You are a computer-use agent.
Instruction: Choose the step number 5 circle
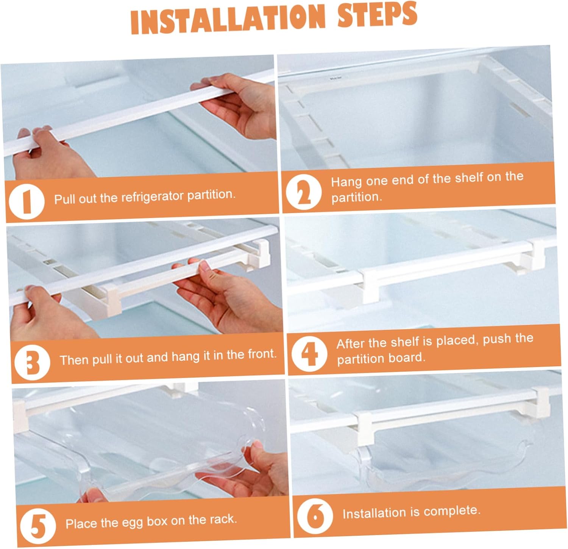(x=37, y=526)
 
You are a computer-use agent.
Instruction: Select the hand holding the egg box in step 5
(x=250, y=473)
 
